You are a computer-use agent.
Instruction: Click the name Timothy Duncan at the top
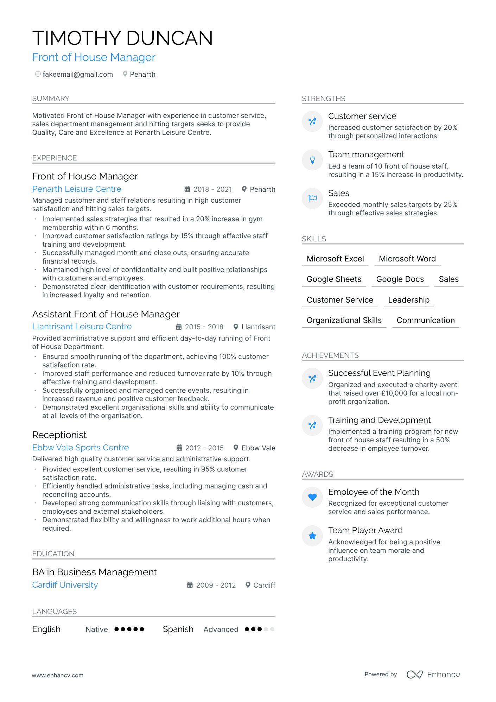[122, 38]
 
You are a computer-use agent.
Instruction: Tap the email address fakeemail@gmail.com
[78, 74]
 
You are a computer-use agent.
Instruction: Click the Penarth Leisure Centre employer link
[77, 189]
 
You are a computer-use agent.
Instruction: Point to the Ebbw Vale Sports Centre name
[81, 448]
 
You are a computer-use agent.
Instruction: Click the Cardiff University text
[65, 585]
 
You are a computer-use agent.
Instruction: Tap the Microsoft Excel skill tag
[335, 259]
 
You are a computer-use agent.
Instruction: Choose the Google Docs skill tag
[400, 279]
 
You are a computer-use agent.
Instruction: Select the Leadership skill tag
[408, 300]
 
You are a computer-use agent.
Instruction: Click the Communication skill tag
[425, 320]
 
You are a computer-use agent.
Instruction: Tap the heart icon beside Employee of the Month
[312, 497]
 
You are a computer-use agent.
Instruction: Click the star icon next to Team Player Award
[312, 536]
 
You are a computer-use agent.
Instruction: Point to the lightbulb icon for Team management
[312, 160]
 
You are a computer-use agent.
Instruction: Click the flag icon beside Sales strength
[312, 198]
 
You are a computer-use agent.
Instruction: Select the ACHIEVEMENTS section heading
[330, 355]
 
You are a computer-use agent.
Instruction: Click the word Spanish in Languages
[178, 629]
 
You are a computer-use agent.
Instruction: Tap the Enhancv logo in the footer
[433, 675]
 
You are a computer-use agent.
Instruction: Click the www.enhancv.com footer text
[58, 675]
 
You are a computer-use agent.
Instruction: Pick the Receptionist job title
[59, 435]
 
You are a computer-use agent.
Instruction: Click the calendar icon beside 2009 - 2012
[190, 585]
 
